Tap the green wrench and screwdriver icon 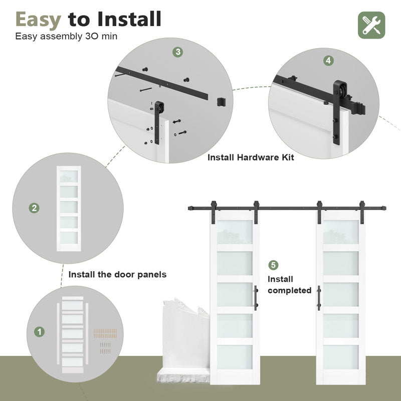(x=371, y=25)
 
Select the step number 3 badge (x=178, y=52)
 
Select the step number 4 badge (x=328, y=60)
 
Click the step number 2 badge (x=34, y=208)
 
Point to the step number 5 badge (x=273, y=265)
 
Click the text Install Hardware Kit (x=251, y=157)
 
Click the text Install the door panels (x=117, y=275)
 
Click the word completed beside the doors (x=289, y=290)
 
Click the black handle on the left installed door (x=256, y=298)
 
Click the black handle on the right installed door (x=319, y=298)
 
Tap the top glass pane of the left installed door (x=235, y=233)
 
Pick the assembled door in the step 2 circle (x=69, y=207)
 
